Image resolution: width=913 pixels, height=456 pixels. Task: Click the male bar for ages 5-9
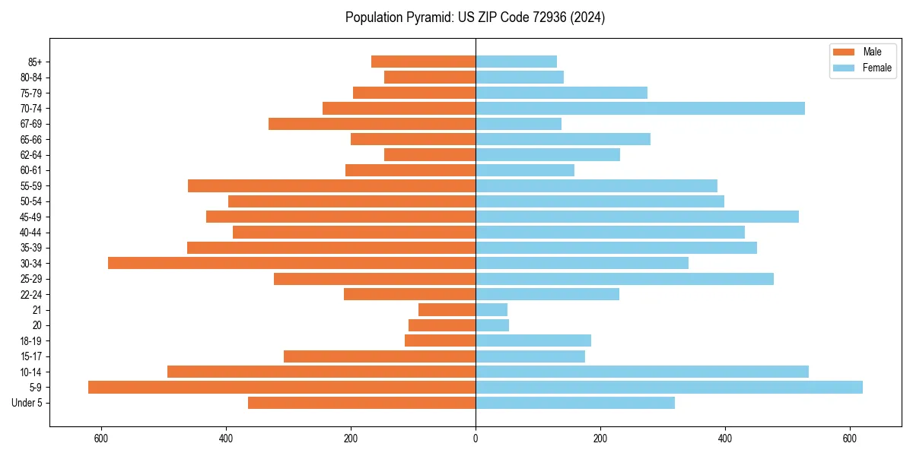click(282, 387)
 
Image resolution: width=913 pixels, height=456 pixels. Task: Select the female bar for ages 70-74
click(640, 108)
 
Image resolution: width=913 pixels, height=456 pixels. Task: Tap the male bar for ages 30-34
click(291, 263)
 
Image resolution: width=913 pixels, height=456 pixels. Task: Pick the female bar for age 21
click(491, 309)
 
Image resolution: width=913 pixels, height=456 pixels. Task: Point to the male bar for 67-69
click(372, 123)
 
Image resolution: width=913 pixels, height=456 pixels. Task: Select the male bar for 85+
click(423, 62)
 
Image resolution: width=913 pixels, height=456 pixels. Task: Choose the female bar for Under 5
click(575, 403)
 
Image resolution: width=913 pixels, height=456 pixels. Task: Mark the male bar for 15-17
click(380, 356)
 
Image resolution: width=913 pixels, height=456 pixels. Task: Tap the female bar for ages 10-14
click(642, 372)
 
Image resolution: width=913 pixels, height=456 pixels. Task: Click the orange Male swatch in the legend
click(844, 52)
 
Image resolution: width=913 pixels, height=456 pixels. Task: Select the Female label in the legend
click(876, 68)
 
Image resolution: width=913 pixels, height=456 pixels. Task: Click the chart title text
click(475, 17)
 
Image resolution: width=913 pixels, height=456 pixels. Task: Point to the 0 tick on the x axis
click(476, 438)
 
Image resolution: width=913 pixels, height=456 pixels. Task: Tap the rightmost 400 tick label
click(725, 438)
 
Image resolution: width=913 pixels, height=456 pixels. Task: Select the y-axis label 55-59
click(30, 185)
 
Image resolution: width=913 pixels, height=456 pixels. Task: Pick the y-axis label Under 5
click(27, 403)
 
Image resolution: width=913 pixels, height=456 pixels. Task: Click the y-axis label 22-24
click(30, 294)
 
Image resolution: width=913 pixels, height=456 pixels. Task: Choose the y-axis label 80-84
click(30, 77)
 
